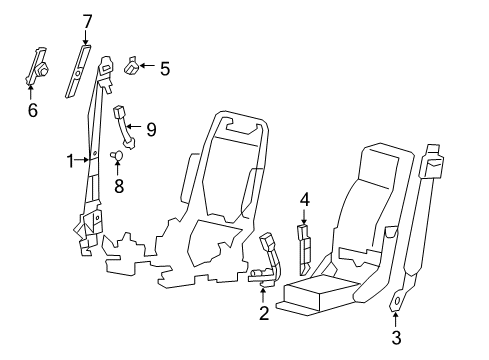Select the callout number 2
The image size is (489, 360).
click(263, 314)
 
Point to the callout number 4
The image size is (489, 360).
click(305, 199)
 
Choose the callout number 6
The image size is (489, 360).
click(32, 110)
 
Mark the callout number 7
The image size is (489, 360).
click(87, 20)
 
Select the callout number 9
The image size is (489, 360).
click(152, 128)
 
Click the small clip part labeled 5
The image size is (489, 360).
click(131, 69)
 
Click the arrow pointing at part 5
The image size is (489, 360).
click(145, 67)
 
